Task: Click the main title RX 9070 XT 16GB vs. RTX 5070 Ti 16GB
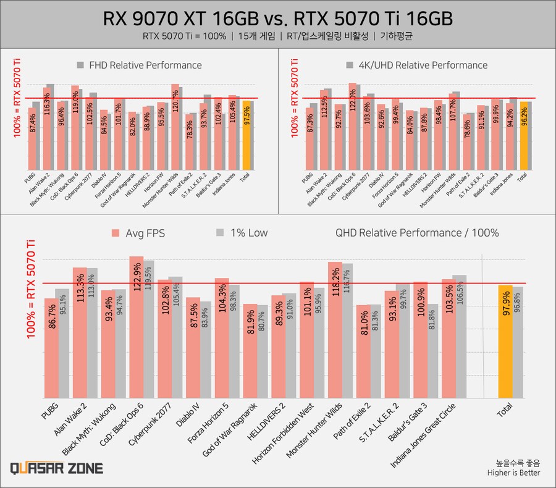(x=277, y=19)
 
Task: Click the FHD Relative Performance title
(x=145, y=65)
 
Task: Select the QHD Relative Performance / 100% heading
(x=417, y=233)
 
